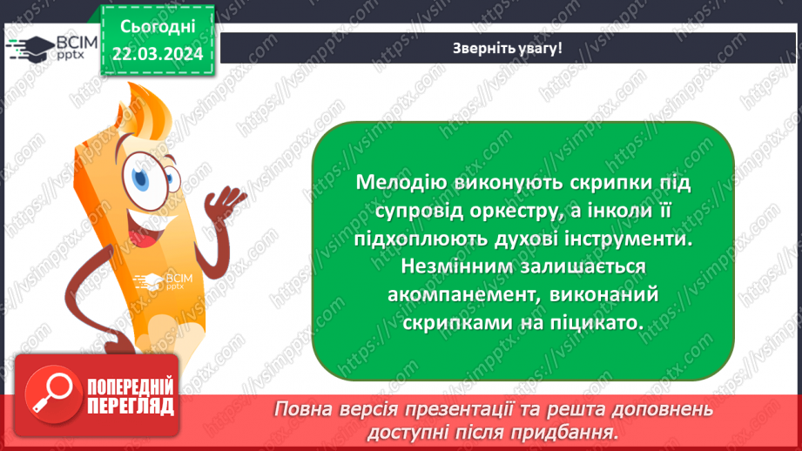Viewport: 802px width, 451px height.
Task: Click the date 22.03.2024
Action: pyautogui.click(x=157, y=54)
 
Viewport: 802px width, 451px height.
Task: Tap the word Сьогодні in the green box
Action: pyautogui.click(x=157, y=27)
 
